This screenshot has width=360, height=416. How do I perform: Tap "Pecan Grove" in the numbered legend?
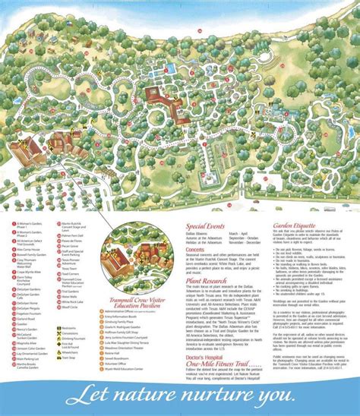[70, 246]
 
